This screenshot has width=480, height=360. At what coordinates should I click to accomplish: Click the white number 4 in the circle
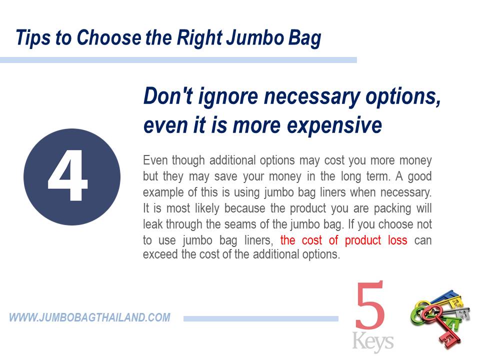pos(68,175)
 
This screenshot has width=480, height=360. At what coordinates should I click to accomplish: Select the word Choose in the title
pos(109,37)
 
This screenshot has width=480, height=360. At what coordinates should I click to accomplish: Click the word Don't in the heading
pos(168,96)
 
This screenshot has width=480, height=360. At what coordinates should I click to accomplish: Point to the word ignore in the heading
pos(228,97)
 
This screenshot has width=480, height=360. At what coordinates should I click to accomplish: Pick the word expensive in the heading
pos(334,126)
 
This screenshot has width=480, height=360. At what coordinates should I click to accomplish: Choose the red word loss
pos(397,240)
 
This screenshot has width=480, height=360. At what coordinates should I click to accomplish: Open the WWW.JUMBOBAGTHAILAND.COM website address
pos(89,317)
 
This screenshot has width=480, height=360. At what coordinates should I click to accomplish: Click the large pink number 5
pos(370,305)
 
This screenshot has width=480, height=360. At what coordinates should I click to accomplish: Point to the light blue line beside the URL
pos(261,319)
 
